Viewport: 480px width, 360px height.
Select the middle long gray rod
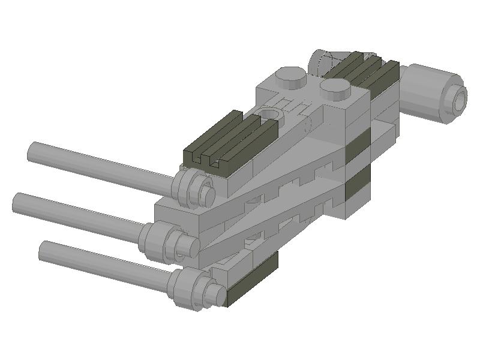pyautogui.click(x=78, y=212)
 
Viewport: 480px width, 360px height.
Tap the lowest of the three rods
pyautogui.click(x=102, y=263)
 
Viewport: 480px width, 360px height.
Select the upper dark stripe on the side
pyautogui.click(x=360, y=145)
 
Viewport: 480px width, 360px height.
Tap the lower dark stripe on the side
pyautogui.click(x=358, y=186)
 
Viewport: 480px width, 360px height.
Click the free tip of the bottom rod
pyautogui.click(x=44, y=250)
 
